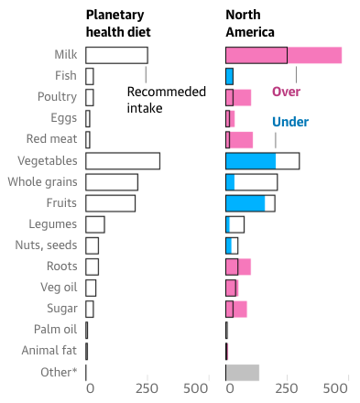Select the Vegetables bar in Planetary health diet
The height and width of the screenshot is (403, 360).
(123, 161)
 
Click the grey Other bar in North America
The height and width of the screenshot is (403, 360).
(243, 372)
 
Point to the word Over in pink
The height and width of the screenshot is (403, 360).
(286, 92)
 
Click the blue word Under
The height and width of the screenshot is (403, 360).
(290, 122)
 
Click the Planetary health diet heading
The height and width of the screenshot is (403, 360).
(118, 24)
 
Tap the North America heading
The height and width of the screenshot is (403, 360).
(250, 24)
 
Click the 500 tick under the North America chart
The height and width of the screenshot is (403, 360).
(336, 389)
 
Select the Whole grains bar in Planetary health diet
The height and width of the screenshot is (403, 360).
(112, 182)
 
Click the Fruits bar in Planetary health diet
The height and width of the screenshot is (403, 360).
(111, 203)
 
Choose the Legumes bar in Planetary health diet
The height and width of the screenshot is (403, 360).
(95, 224)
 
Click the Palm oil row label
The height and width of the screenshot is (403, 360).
(58, 330)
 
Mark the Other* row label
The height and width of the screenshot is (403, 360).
(60, 372)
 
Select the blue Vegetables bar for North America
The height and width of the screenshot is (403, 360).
(250, 161)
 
